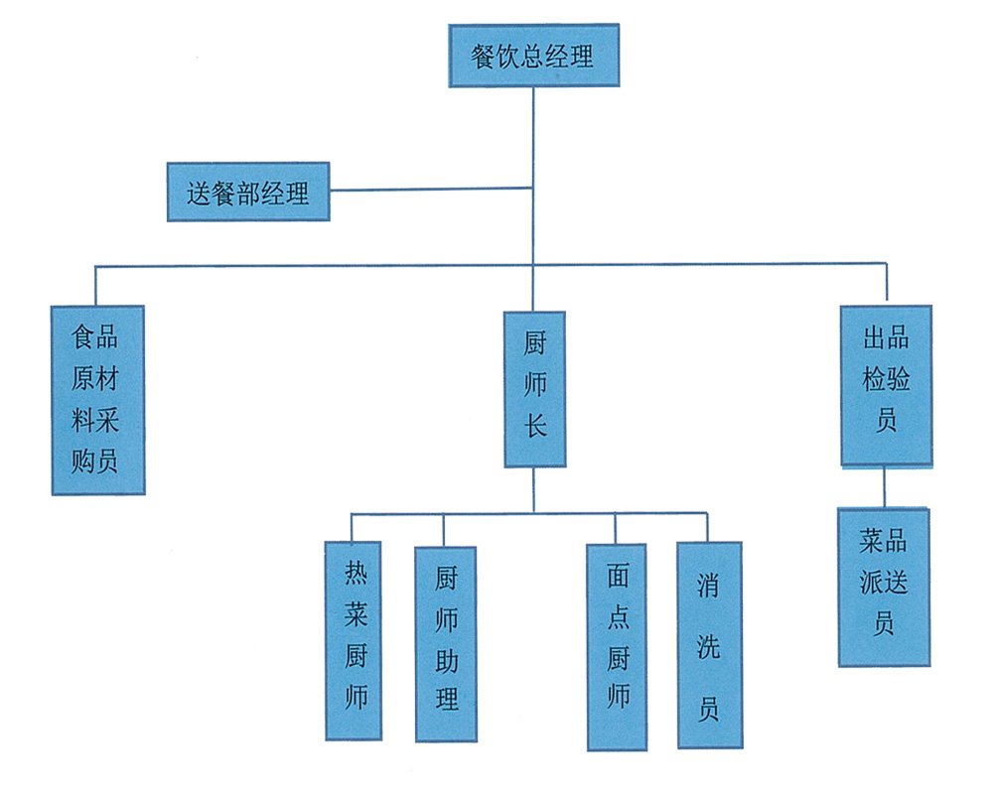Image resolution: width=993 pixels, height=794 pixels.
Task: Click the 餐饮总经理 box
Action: tap(533, 57)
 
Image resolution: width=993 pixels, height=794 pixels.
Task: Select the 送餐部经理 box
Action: tap(248, 192)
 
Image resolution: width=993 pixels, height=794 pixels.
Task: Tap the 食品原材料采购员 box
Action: tap(97, 400)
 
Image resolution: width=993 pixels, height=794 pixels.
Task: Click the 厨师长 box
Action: tap(534, 389)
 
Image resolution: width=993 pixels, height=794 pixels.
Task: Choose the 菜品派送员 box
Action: tap(884, 586)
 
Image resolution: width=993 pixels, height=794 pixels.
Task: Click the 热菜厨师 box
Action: tap(355, 639)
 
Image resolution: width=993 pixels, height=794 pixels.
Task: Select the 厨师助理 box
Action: tap(445, 643)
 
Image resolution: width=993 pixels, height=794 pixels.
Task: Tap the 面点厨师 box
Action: tap(617, 645)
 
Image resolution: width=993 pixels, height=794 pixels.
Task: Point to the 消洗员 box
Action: tap(709, 644)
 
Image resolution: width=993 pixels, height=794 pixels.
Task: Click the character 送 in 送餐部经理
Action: tap(202, 193)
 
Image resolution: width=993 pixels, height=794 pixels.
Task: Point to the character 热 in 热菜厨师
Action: tap(355, 573)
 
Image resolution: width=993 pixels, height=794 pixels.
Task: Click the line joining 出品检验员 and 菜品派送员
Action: tap(884, 486)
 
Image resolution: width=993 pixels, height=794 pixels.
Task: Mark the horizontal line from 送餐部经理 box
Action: tap(431, 189)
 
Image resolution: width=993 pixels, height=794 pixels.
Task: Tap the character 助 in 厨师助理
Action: tap(446, 659)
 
